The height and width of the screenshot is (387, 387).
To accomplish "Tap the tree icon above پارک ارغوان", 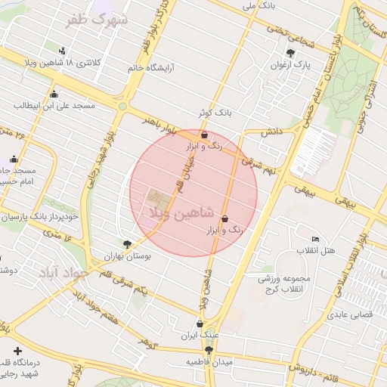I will coord(291,53).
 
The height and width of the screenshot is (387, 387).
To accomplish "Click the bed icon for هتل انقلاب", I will coord(315,240).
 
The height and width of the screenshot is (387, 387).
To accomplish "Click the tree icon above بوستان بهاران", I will coord(127,244).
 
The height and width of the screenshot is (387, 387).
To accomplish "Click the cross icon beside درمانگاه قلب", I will coord(17,351).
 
